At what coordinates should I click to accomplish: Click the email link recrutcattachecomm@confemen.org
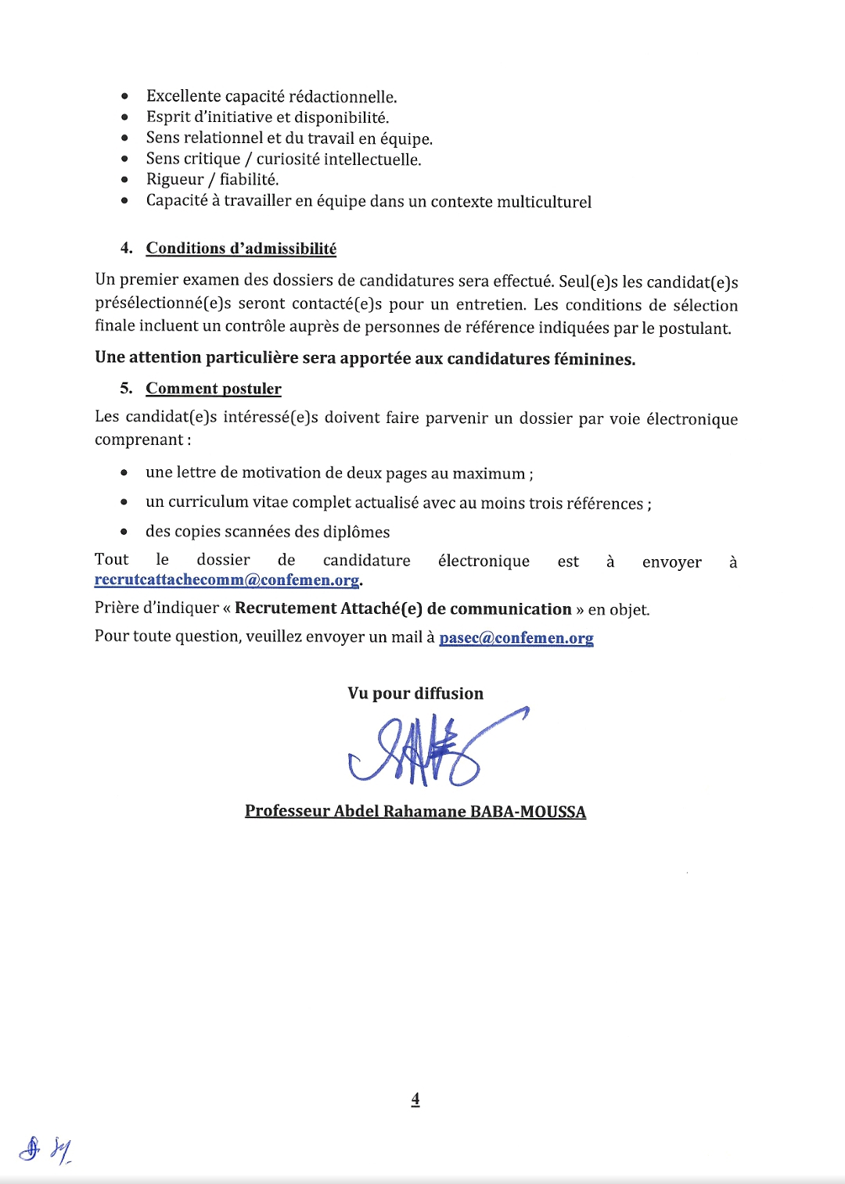coord(226,580)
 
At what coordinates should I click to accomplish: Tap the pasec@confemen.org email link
coord(516,637)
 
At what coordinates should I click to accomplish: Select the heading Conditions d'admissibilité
coord(241,249)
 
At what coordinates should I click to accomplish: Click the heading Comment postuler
coord(214,389)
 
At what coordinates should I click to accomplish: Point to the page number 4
coord(415,1099)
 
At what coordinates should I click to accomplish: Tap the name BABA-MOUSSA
coord(527,811)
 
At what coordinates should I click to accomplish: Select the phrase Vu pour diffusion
coord(415,694)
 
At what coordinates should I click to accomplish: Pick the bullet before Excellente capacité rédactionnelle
coord(125,96)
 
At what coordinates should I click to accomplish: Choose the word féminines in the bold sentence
coord(594,359)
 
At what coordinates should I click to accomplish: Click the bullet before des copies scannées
coord(124,532)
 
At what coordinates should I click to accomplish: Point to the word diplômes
coord(357,532)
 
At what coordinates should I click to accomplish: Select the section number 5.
coord(126,389)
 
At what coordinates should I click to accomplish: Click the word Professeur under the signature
coord(287,811)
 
